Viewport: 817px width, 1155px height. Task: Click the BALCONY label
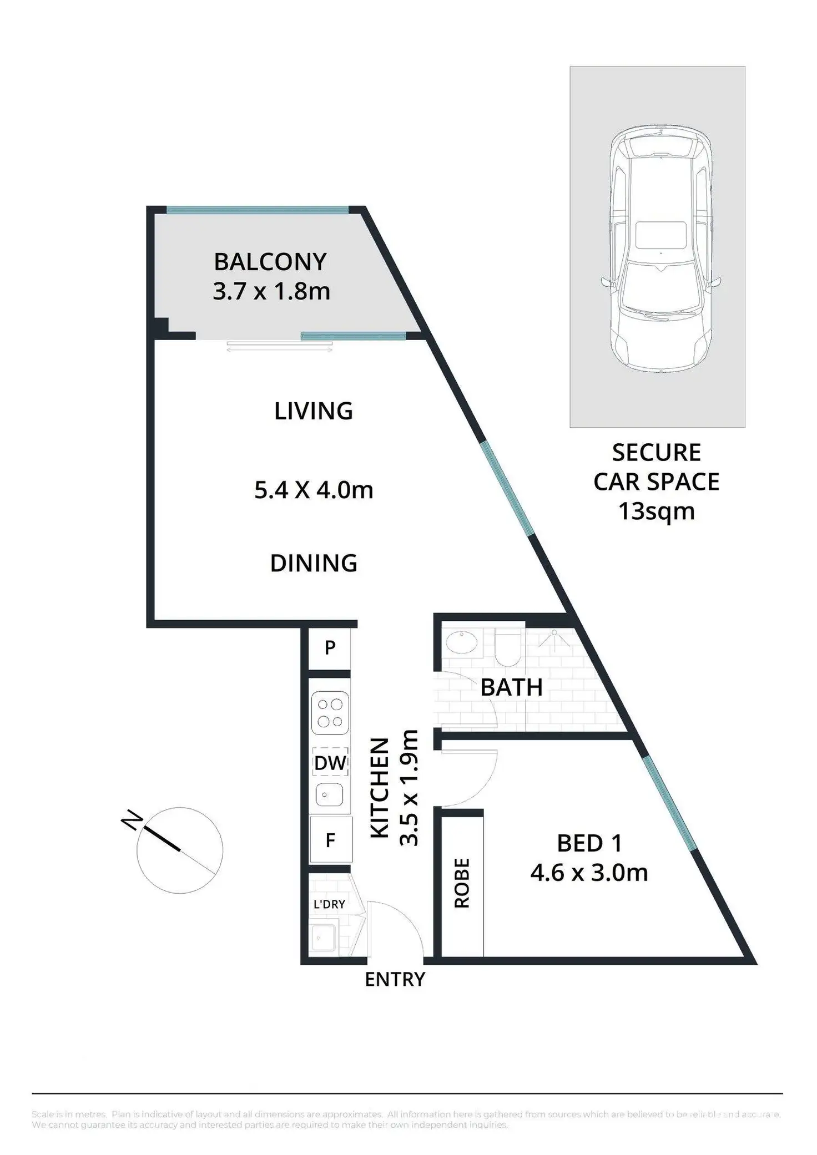pyautogui.click(x=270, y=262)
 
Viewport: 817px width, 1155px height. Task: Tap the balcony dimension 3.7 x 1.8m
pyautogui.click(x=271, y=291)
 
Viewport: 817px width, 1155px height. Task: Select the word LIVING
pyautogui.click(x=314, y=411)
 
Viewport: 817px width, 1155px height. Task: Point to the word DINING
pyautogui.click(x=314, y=563)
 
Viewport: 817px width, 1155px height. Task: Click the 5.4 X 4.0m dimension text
pyautogui.click(x=314, y=490)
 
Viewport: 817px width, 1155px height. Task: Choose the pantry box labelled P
pyautogui.click(x=330, y=647)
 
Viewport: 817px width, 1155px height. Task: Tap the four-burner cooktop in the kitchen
pyautogui.click(x=330, y=713)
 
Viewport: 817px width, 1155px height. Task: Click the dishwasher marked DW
pyautogui.click(x=330, y=763)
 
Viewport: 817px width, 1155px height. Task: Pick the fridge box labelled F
pyautogui.click(x=330, y=840)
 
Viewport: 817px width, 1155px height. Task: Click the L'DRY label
pyautogui.click(x=329, y=904)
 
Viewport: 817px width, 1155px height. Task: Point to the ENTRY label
pyautogui.click(x=395, y=980)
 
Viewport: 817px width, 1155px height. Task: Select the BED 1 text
pyautogui.click(x=589, y=844)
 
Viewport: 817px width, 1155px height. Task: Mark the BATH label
pyautogui.click(x=511, y=688)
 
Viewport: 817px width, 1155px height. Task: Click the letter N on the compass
pyautogui.click(x=132, y=820)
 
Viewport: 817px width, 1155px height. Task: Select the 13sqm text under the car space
pyautogui.click(x=657, y=511)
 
